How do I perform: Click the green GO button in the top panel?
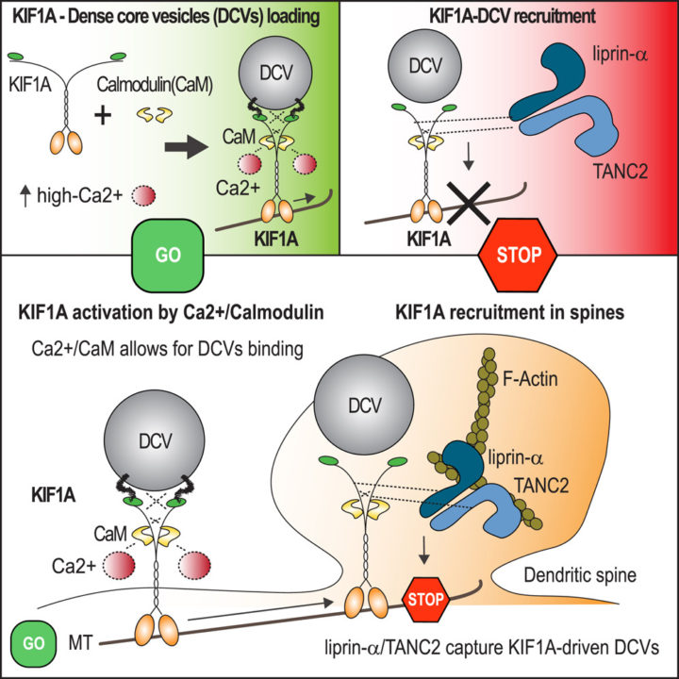170,255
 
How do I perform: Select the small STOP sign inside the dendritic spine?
425,599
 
